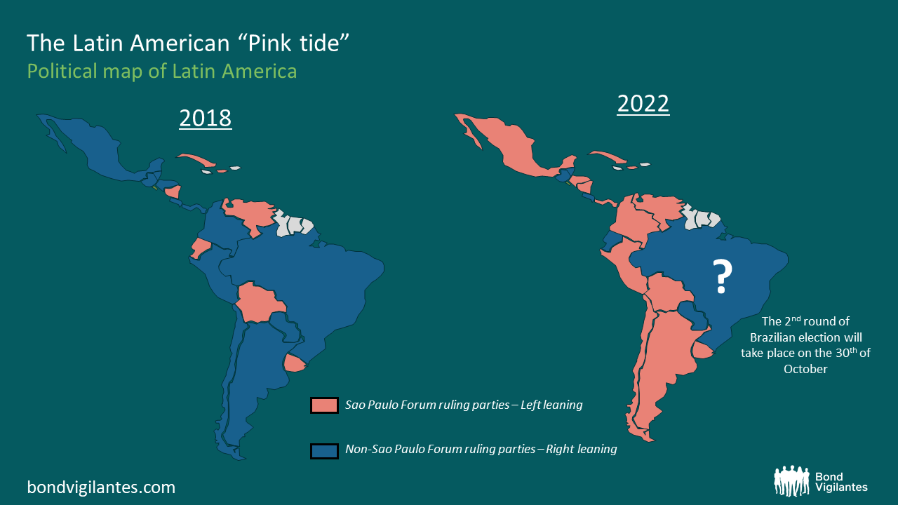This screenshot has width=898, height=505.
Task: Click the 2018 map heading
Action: pos(205,118)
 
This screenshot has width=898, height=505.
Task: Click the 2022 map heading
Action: pos(643,104)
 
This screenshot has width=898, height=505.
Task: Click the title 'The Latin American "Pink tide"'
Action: pos(188,43)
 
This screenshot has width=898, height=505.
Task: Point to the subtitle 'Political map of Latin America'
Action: pos(161,71)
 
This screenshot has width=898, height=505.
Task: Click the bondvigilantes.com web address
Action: pos(101,487)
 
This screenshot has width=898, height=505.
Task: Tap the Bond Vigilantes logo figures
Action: pos(791,481)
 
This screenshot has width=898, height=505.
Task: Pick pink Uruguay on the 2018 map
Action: pos(295,363)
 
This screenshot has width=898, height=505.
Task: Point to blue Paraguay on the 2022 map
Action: pos(695,315)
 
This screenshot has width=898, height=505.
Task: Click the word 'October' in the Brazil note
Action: pos(805,369)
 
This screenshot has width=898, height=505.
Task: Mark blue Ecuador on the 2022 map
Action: pos(610,241)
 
